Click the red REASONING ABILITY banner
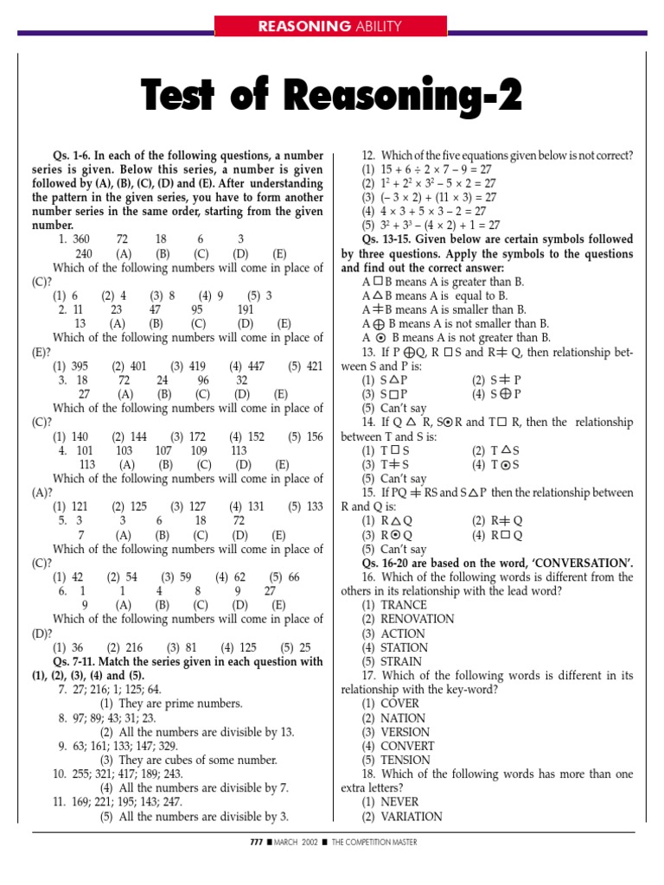331,26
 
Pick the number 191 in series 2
246,309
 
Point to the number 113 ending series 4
239,450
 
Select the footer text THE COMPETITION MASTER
379,843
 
